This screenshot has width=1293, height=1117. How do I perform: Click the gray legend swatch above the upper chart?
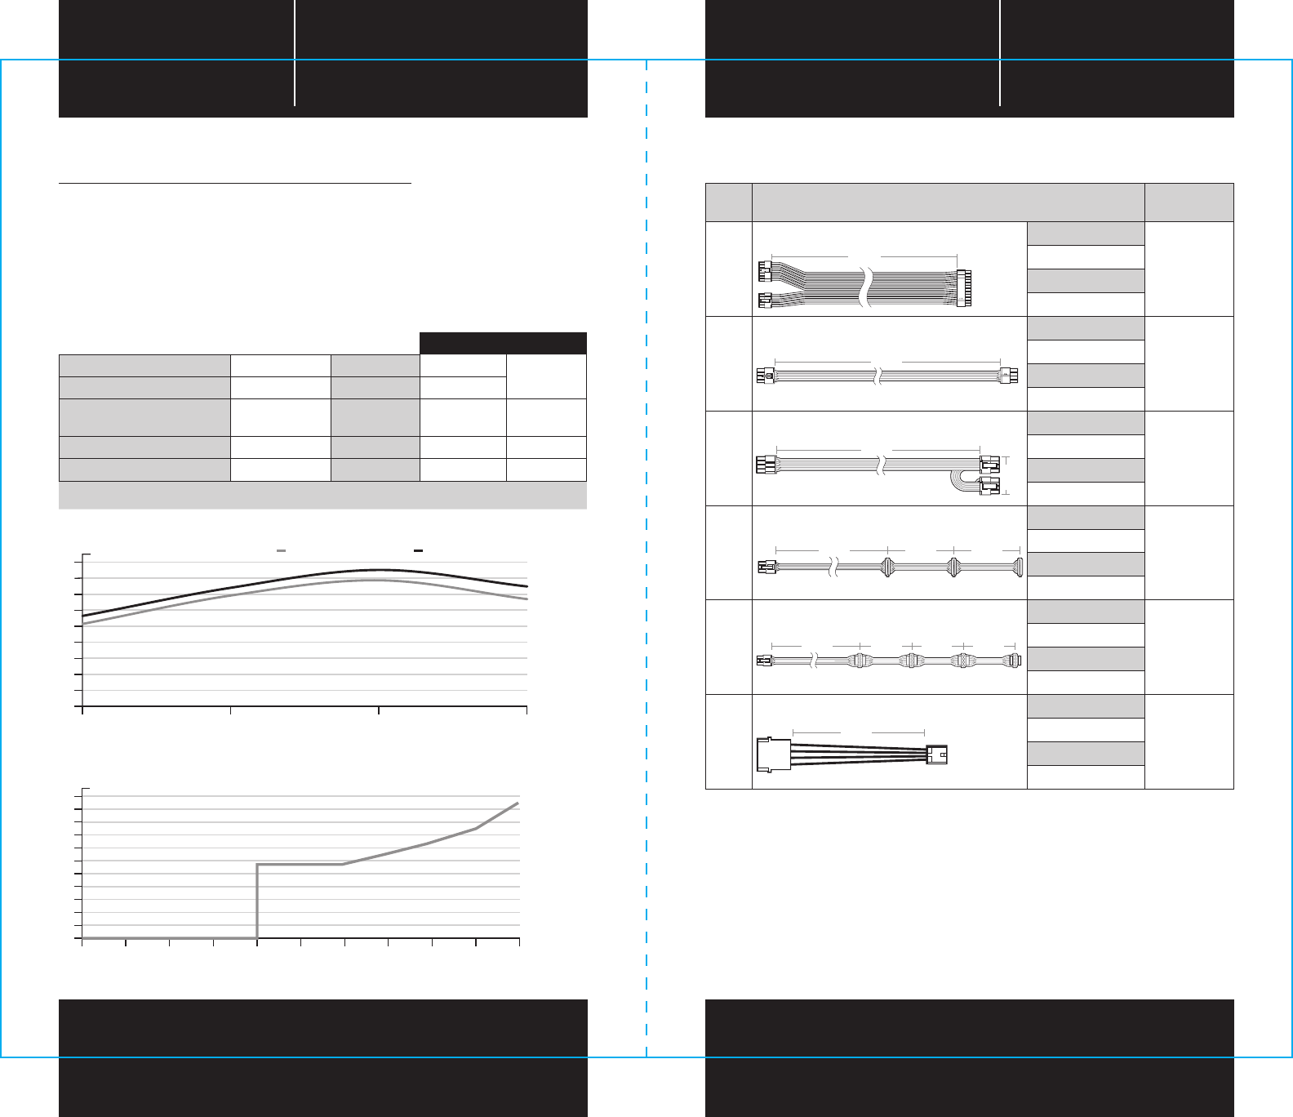tap(281, 551)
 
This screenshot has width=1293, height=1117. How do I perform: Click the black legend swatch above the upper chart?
tap(418, 551)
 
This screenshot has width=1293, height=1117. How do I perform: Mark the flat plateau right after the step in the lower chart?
tap(300, 864)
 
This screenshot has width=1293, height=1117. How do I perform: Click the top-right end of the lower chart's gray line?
tap(518, 803)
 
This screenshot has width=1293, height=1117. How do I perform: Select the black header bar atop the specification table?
tap(503, 343)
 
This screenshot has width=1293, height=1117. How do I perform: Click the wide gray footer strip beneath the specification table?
tap(322, 495)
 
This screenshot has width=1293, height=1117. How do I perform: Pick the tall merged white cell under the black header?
tap(546, 376)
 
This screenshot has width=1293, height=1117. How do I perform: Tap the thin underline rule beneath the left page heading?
tap(235, 185)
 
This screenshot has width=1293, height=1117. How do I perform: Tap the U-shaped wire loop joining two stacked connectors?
tap(957, 482)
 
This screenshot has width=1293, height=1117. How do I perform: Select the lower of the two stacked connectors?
tap(989, 489)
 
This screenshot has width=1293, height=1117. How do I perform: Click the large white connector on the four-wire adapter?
tap(774, 754)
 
